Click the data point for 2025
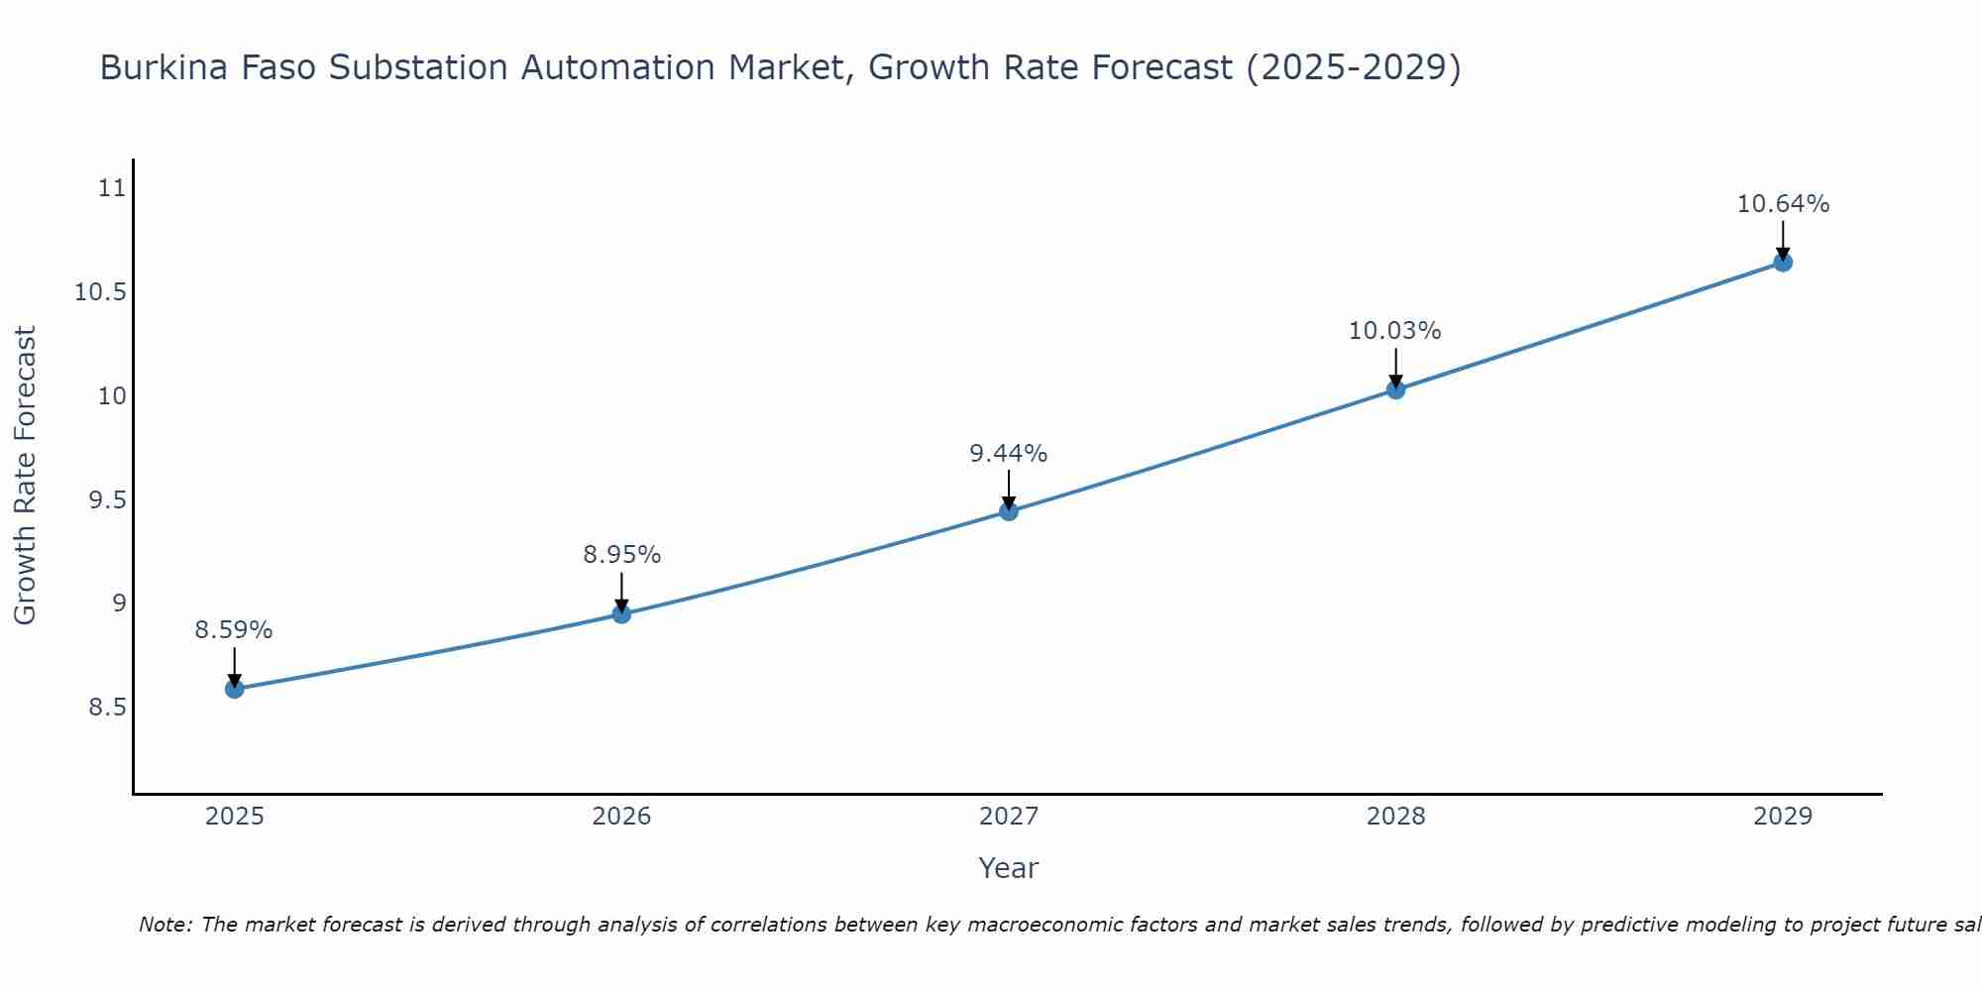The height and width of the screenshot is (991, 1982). pos(235,689)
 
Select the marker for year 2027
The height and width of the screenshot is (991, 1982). pos(1009,511)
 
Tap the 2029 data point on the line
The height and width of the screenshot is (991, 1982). pos(1783,263)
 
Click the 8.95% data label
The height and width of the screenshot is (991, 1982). pos(621,555)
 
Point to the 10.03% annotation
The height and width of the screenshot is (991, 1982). pos(1394,331)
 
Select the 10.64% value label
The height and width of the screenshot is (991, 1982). pos(1783,204)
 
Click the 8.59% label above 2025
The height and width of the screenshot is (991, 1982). pos(234,630)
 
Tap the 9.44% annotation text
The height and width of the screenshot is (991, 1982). pos(1008,454)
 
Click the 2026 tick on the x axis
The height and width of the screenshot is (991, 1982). pos(621,817)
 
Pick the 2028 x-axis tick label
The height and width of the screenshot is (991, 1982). pos(1395,817)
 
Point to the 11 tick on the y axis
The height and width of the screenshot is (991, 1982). pos(113,188)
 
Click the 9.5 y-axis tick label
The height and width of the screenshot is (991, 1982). pos(108,500)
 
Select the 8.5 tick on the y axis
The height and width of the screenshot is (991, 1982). pos(108,708)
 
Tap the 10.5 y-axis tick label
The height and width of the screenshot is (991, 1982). pos(101,292)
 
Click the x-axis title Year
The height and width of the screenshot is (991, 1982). pos(1008,868)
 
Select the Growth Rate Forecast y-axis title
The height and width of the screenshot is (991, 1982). pos(26,476)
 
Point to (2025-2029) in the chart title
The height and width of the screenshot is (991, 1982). pos(1353,68)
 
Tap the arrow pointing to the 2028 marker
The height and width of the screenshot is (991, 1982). pos(1395,369)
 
